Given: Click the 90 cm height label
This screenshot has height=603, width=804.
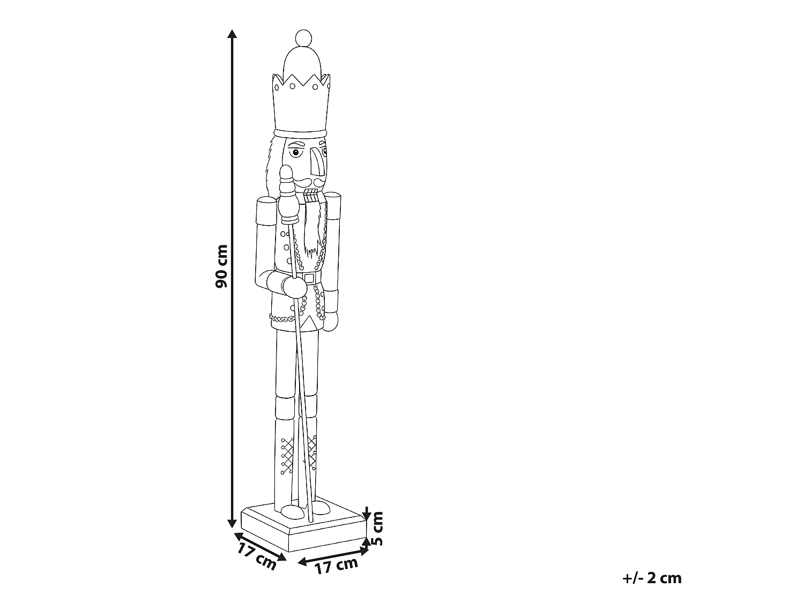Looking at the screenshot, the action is coord(221,266).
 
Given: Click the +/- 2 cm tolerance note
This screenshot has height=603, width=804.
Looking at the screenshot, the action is coord(652,579).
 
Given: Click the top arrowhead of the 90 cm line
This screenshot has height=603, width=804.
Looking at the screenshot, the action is coord(232,34).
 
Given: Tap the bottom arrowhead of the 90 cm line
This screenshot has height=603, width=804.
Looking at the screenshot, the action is coord(232,523).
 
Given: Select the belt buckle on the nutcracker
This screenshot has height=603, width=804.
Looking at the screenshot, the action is coord(310,278).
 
